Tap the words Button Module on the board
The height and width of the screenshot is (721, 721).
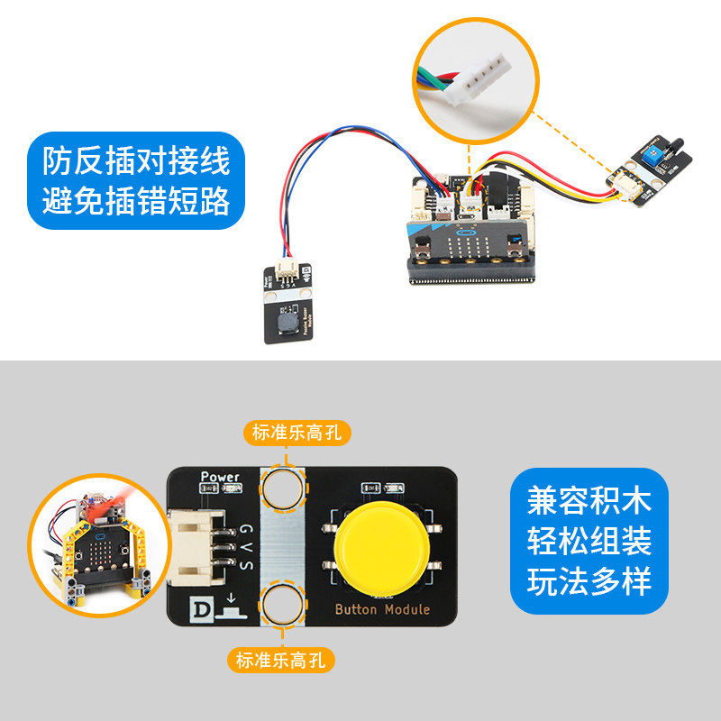pyautogui.click(x=382, y=609)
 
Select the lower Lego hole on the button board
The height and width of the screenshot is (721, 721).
pyautogui.click(x=282, y=605)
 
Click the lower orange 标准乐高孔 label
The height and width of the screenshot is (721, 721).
pyautogui.click(x=283, y=661)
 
